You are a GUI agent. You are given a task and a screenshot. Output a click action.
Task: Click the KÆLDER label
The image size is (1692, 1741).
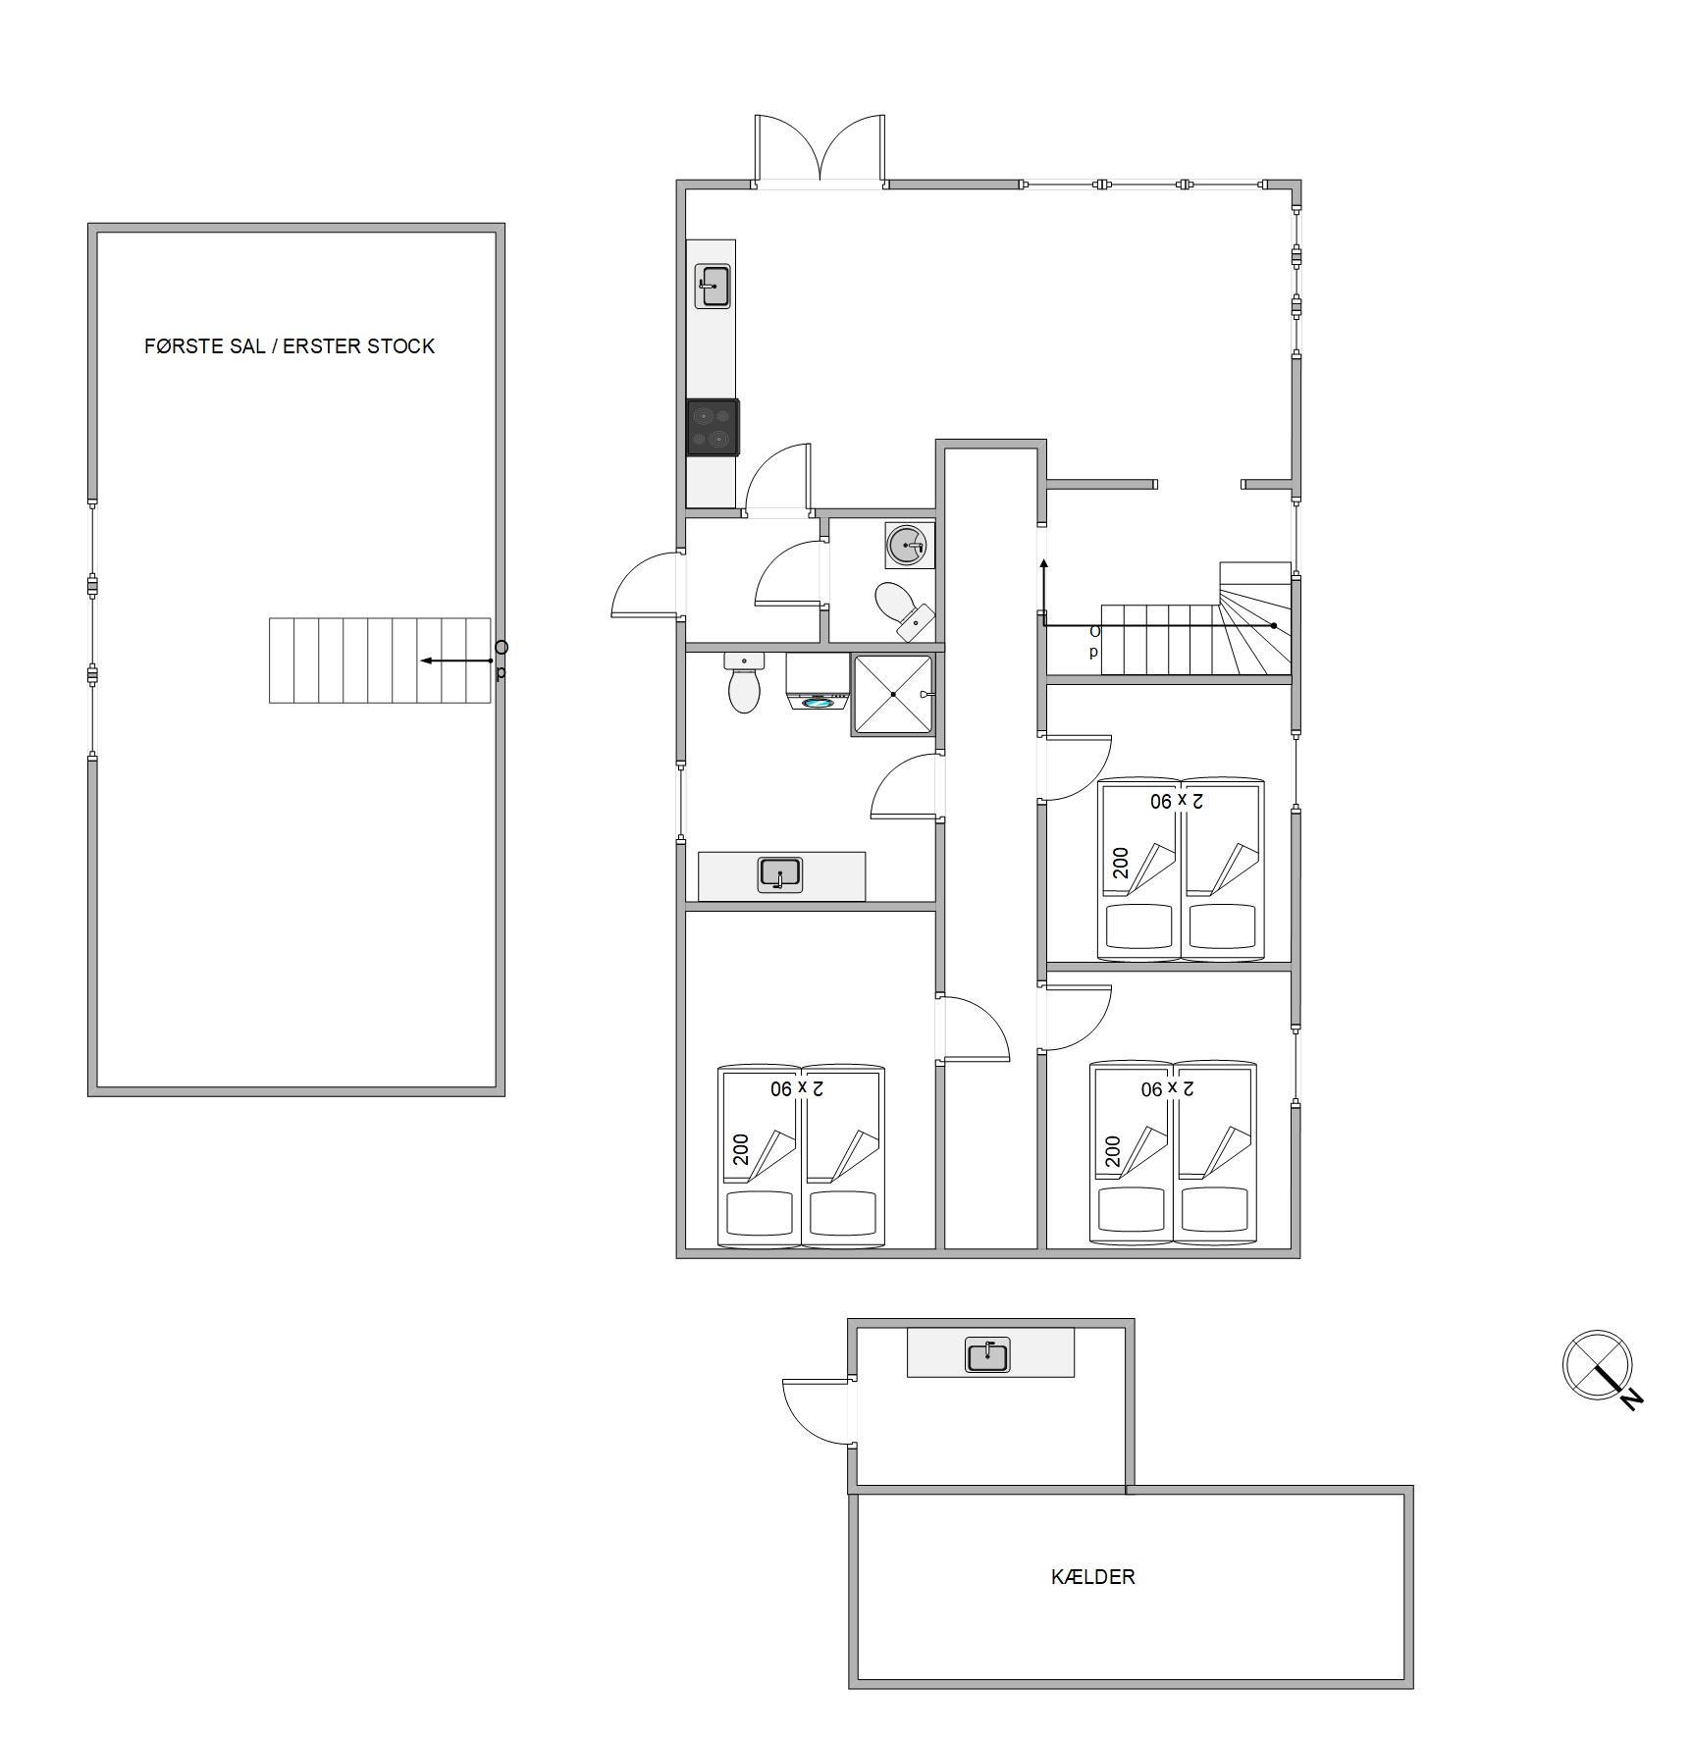point(1092,1576)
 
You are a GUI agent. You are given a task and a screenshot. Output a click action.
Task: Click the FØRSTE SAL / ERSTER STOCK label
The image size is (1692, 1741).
point(290,345)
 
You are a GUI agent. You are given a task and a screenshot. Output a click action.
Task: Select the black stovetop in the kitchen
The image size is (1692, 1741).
point(713,428)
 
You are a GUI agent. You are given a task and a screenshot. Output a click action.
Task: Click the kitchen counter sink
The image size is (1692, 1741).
point(713,286)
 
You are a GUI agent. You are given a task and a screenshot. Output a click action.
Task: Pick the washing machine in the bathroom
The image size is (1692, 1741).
point(817,682)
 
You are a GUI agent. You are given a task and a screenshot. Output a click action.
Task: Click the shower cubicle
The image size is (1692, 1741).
point(892,694)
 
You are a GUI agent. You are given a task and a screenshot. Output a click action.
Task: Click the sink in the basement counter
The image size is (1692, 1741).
point(987,1355)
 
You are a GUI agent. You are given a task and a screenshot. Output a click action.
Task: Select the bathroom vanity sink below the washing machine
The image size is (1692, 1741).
point(780,874)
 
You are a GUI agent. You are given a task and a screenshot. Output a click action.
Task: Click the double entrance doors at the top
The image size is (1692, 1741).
point(820,150)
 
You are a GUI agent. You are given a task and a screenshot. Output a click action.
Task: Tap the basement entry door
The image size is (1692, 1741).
point(819,1411)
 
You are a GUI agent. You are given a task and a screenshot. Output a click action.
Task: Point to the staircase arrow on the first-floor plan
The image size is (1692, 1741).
point(457,660)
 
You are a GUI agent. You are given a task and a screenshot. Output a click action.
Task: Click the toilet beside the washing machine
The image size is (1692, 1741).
point(744,683)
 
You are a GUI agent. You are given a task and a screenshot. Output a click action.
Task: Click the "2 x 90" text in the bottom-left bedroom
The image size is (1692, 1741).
point(796,1088)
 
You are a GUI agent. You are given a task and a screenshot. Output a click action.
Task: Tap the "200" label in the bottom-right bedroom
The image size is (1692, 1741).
point(1112,1151)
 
